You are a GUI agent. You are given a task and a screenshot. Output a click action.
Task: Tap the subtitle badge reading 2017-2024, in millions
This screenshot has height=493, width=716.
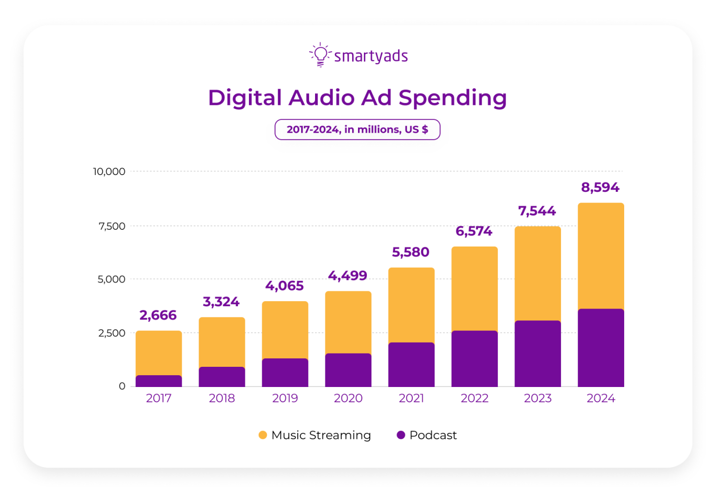click(x=357, y=130)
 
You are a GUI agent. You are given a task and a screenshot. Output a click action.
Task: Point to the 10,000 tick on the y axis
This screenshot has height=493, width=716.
click(x=109, y=172)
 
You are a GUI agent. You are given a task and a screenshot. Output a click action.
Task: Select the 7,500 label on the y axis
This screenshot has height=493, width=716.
click(x=112, y=226)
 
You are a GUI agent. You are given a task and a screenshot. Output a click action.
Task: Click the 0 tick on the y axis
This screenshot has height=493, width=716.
click(x=122, y=387)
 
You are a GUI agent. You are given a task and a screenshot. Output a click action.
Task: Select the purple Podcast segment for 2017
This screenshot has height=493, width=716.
click(x=159, y=381)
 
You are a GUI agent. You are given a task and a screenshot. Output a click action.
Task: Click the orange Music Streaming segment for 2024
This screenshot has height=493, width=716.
click(x=600, y=256)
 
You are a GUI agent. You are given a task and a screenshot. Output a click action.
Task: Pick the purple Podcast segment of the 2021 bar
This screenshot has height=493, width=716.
click(x=411, y=365)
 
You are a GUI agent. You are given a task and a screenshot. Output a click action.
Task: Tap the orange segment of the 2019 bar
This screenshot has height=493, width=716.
click(x=285, y=330)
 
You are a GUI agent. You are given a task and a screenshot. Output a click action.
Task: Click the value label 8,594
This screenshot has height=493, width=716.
click(x=600, y=187)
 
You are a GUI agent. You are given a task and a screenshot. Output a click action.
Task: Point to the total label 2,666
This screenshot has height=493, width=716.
click(x=158, y=315)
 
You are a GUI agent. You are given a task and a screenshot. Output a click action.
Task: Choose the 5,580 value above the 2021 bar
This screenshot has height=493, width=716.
click(x=410, y=252)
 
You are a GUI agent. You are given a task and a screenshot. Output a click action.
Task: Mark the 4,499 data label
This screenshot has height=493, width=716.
click(x=348, y=276)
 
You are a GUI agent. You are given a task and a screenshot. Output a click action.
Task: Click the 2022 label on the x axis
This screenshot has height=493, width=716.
click(x=474, y=398)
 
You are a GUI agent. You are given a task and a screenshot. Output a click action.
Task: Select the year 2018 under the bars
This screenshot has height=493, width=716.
click(x=222, y=398)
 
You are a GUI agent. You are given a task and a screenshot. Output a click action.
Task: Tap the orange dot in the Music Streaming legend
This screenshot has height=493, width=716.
click(x=263, y=435)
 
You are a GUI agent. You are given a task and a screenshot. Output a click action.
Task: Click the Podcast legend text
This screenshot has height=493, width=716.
click(x=433, y=435)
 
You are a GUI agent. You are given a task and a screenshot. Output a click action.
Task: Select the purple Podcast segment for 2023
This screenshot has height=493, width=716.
click(x=537, y=354)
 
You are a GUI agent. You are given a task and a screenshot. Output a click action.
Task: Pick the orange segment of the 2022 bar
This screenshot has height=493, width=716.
click(x=474, y=289)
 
